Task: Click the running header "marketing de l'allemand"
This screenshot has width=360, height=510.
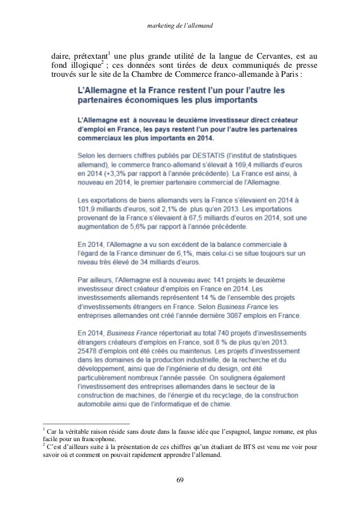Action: [x=179, y=26]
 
